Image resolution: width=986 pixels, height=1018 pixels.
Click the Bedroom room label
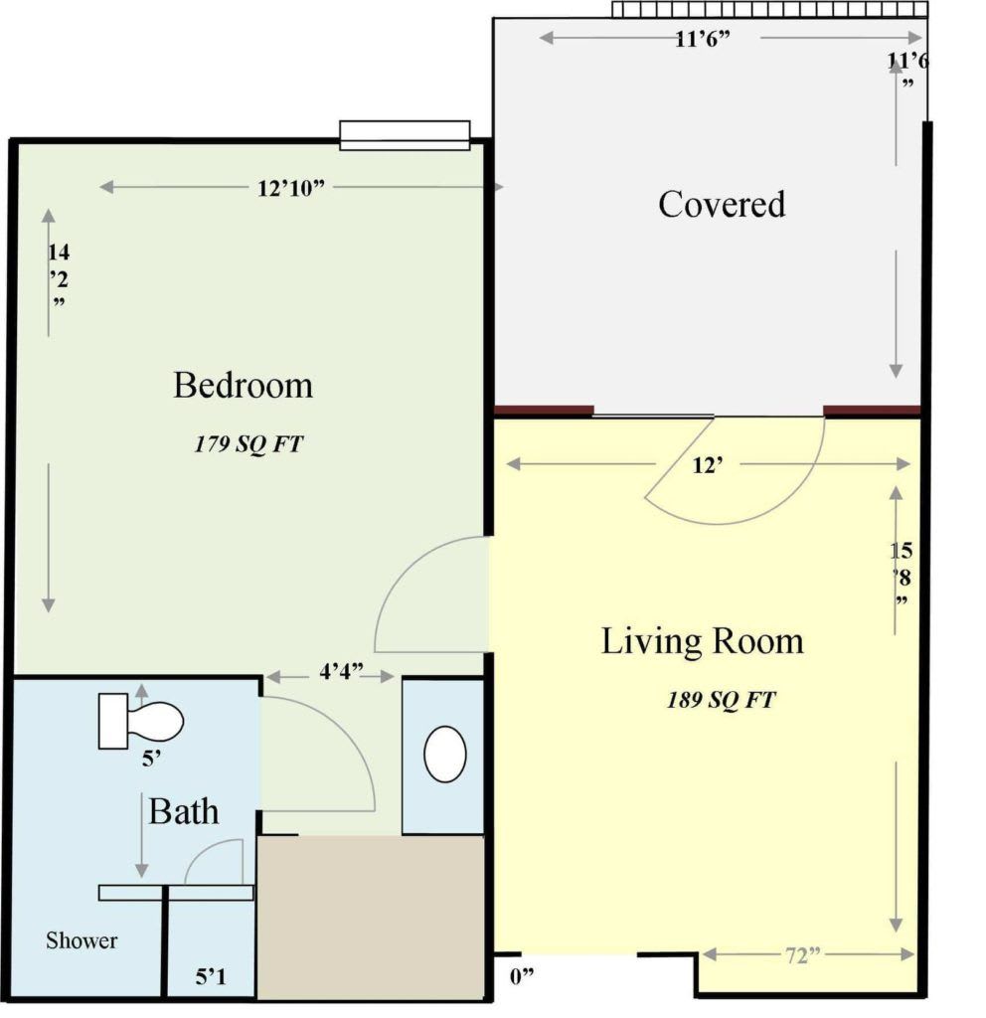(x=243, y=385)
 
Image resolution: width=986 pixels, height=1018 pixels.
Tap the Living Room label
(x=703, y=641)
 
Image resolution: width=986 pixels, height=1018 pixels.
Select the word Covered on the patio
(x=722, y=204)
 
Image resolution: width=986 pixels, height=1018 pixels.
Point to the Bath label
(x=184, y=811)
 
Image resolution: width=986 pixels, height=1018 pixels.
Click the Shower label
(x=82, y=940)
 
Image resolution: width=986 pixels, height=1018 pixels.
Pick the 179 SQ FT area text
(x=248, y=444)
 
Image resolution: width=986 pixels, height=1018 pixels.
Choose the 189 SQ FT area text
(x=722, y=700)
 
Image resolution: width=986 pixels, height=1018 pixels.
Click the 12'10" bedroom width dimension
(x=290, y=188)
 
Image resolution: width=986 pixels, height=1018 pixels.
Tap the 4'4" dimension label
(x=341, y=671)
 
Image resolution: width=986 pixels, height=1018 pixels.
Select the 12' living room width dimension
(x=708, y=465)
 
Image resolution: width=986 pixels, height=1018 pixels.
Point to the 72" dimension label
(x=803, y=955)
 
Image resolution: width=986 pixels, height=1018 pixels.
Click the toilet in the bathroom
(x=141, y=721)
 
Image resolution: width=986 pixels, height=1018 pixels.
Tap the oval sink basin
(x=444, y=755)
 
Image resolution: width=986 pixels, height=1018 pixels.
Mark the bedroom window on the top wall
(x=405, y=135)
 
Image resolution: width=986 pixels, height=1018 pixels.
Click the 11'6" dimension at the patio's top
(x=703, y=40)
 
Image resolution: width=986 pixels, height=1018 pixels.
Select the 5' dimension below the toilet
(x=151, y=759)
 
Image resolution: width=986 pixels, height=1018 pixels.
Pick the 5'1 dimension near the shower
(x=211, y=976)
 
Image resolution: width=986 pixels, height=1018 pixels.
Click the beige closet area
(x=371, y=918)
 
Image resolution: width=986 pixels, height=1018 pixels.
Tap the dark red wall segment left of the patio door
(x=544, y=411)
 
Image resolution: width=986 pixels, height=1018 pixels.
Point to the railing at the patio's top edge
(x=770, y=9)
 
